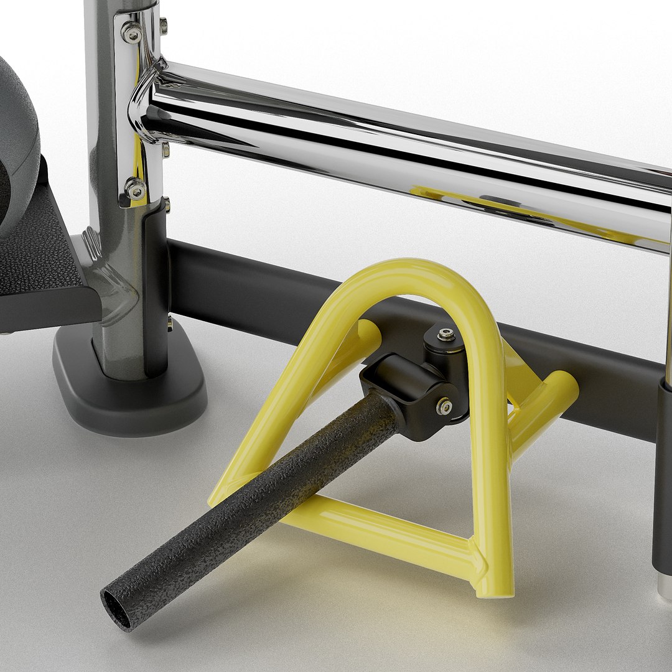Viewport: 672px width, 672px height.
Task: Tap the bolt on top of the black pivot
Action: coord(446,335)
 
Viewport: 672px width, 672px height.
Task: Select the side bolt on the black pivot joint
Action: coord(444,407)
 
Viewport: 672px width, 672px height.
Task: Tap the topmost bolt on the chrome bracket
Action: coord(131,32)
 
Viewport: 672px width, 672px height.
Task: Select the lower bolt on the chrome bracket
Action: coord(135,189)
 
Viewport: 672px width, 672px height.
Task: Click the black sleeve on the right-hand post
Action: coord(662,473)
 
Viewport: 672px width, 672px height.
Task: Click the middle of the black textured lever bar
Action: coord(261,498)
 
